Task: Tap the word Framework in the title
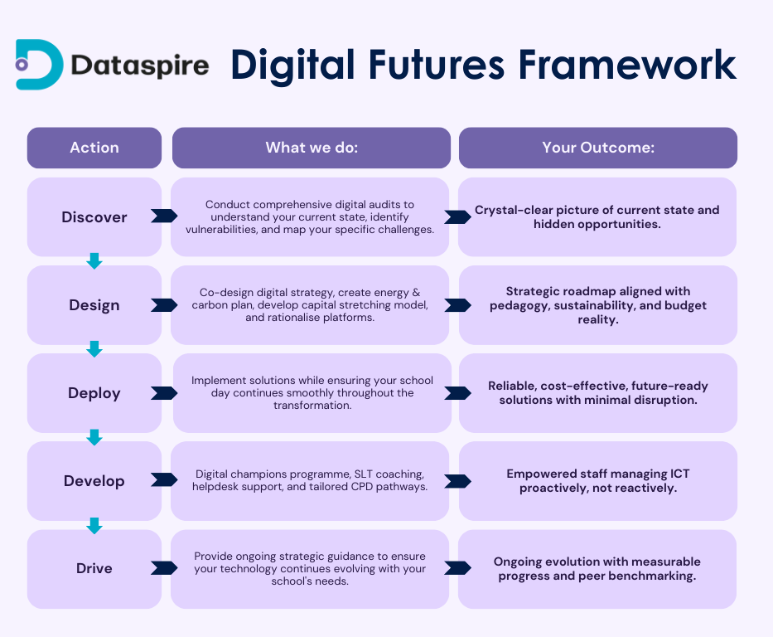(627, 65)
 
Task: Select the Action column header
(94, 148)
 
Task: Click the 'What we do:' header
(312, 148)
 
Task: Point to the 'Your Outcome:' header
(598, 148)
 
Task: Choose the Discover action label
(94, 217)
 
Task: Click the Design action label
(94, 305)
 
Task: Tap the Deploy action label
(94, 393)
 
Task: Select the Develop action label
(94, 481)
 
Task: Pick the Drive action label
(94, 568)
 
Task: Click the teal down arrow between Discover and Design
(94, 261)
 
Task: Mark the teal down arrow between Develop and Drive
(94, 526)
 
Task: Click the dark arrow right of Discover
(164, 216)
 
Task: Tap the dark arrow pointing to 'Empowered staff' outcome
(457, 481)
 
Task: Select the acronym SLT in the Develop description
(364, 474)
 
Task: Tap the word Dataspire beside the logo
(140, 66)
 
